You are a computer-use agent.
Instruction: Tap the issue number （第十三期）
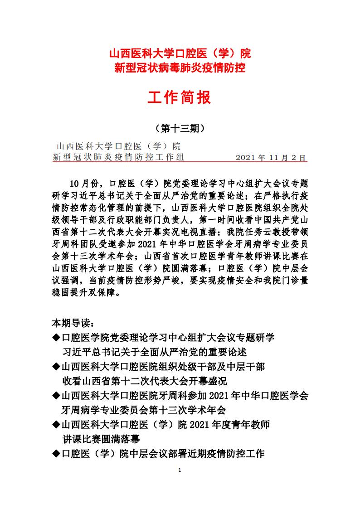[x=180, y=128]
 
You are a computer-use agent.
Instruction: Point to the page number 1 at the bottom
[x=180, y=470]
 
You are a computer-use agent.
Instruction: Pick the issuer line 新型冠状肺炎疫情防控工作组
[x=119, y=157]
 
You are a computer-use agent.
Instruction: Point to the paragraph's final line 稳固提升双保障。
[x=86, y=292]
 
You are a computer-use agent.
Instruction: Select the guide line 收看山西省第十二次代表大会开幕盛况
[x=144, y=381]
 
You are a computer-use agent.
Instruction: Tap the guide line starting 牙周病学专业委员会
[x=143, y=410]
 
